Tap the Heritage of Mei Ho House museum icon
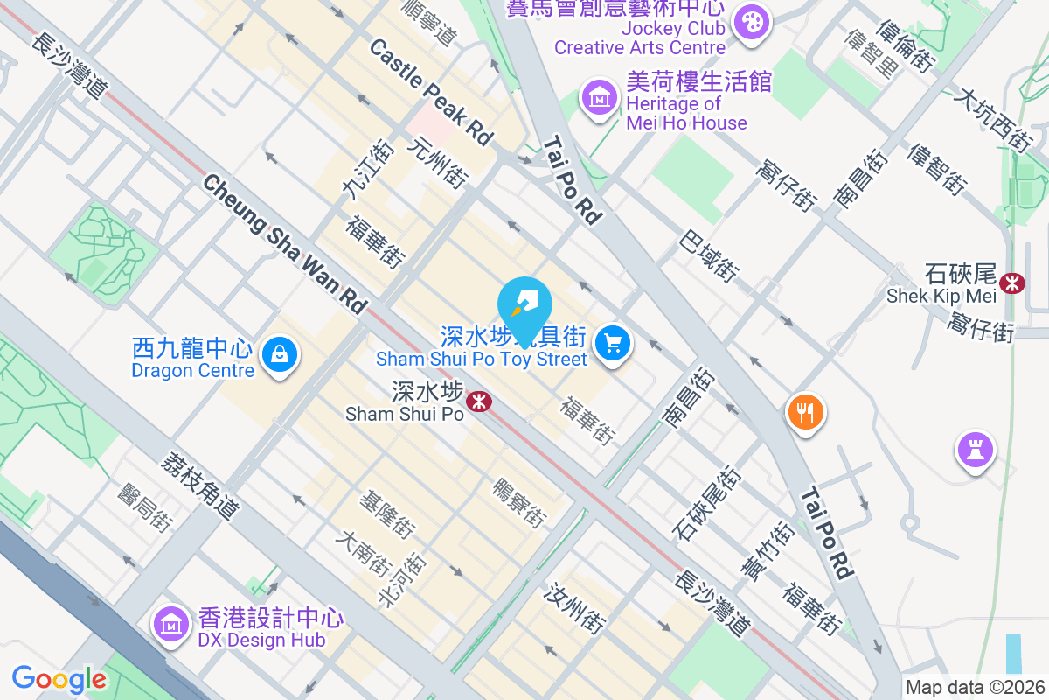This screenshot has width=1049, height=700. pyautogui.click(x=600, y=98)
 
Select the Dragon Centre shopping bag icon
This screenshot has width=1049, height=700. pyautogui.click(x=278, y=354)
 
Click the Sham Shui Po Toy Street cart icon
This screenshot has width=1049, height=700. pyautogui.click(x=613, y=343)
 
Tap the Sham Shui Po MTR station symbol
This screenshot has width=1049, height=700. pyautogui.click(x=477, y=402)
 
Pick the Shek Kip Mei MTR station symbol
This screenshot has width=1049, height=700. pyautogui.click(x=1013, y=283)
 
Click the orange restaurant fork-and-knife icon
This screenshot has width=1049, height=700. pyautogui.click(x=805, y=410)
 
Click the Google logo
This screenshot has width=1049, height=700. pyautogui.click(x=59, y=679)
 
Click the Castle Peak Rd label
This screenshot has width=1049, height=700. pyautogui.click(x=431, y=92)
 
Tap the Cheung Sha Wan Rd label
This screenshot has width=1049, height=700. pyautogui.click(x=284, y=241)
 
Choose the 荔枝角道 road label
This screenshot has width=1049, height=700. pyautogui.click(x=200, y=486)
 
